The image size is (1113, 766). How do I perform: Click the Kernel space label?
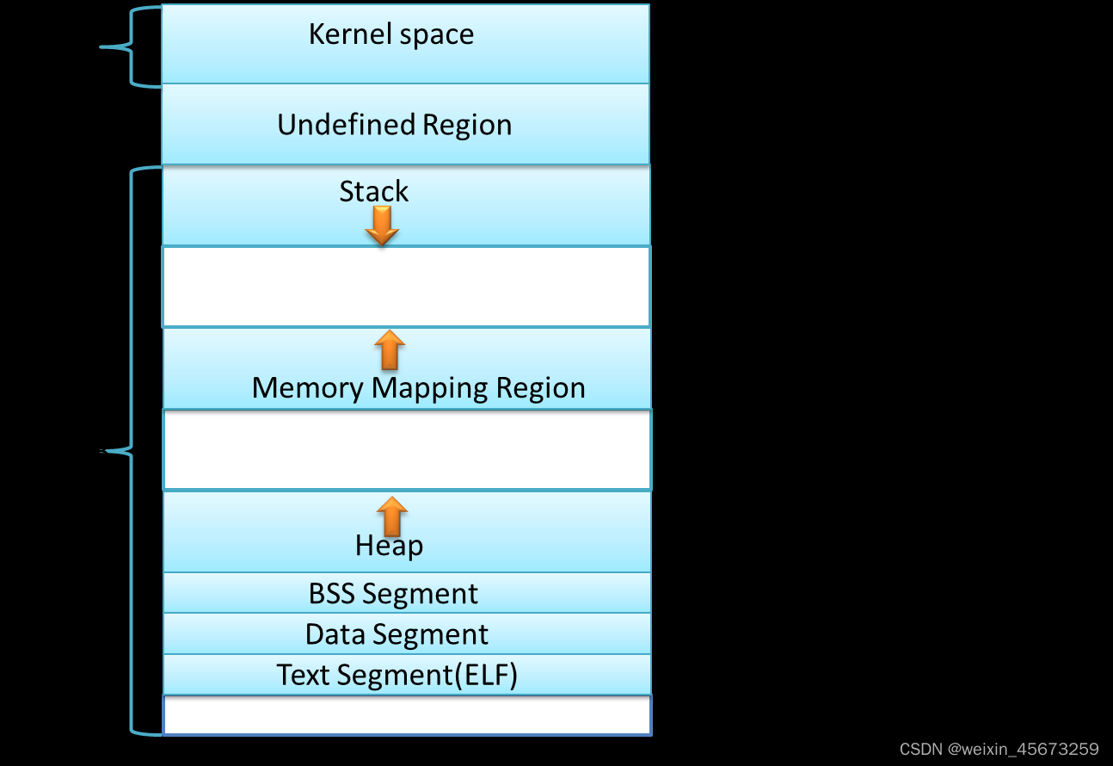point(390,34)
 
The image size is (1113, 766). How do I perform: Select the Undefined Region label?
point(394,125)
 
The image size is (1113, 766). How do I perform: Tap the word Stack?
point(373,191)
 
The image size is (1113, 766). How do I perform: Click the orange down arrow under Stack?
point(381,225)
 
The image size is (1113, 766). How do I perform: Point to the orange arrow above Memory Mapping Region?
point(390,349)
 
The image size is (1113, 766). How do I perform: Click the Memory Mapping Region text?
point(418,387)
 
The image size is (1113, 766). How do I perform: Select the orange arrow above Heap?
point(391,516)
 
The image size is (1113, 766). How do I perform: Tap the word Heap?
point(389,546)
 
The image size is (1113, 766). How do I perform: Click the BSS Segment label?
point(393,594)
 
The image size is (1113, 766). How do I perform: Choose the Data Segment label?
point(397,634)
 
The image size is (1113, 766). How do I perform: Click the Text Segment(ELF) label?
point(397,675)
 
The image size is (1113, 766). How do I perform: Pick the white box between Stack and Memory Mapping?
point(405,287)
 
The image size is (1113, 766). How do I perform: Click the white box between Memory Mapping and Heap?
point(405,449)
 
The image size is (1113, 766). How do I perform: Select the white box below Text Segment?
point(405,715)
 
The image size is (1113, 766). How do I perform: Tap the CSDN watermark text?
point(999,749)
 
